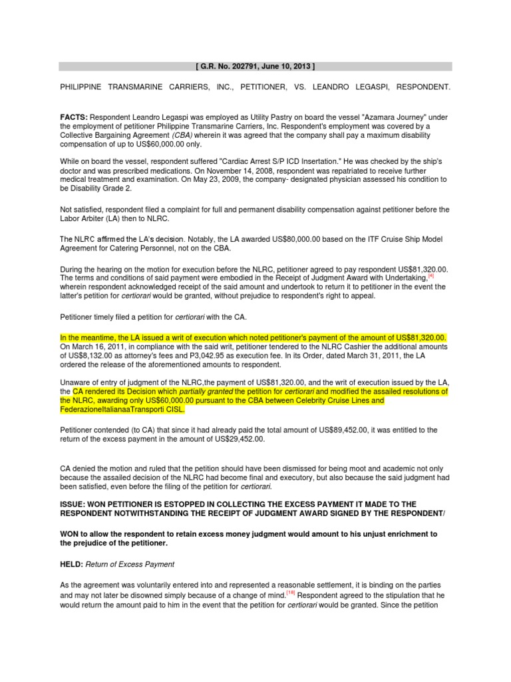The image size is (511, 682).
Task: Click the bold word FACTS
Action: point(73,117)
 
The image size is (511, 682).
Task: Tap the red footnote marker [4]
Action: point(431,274)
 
